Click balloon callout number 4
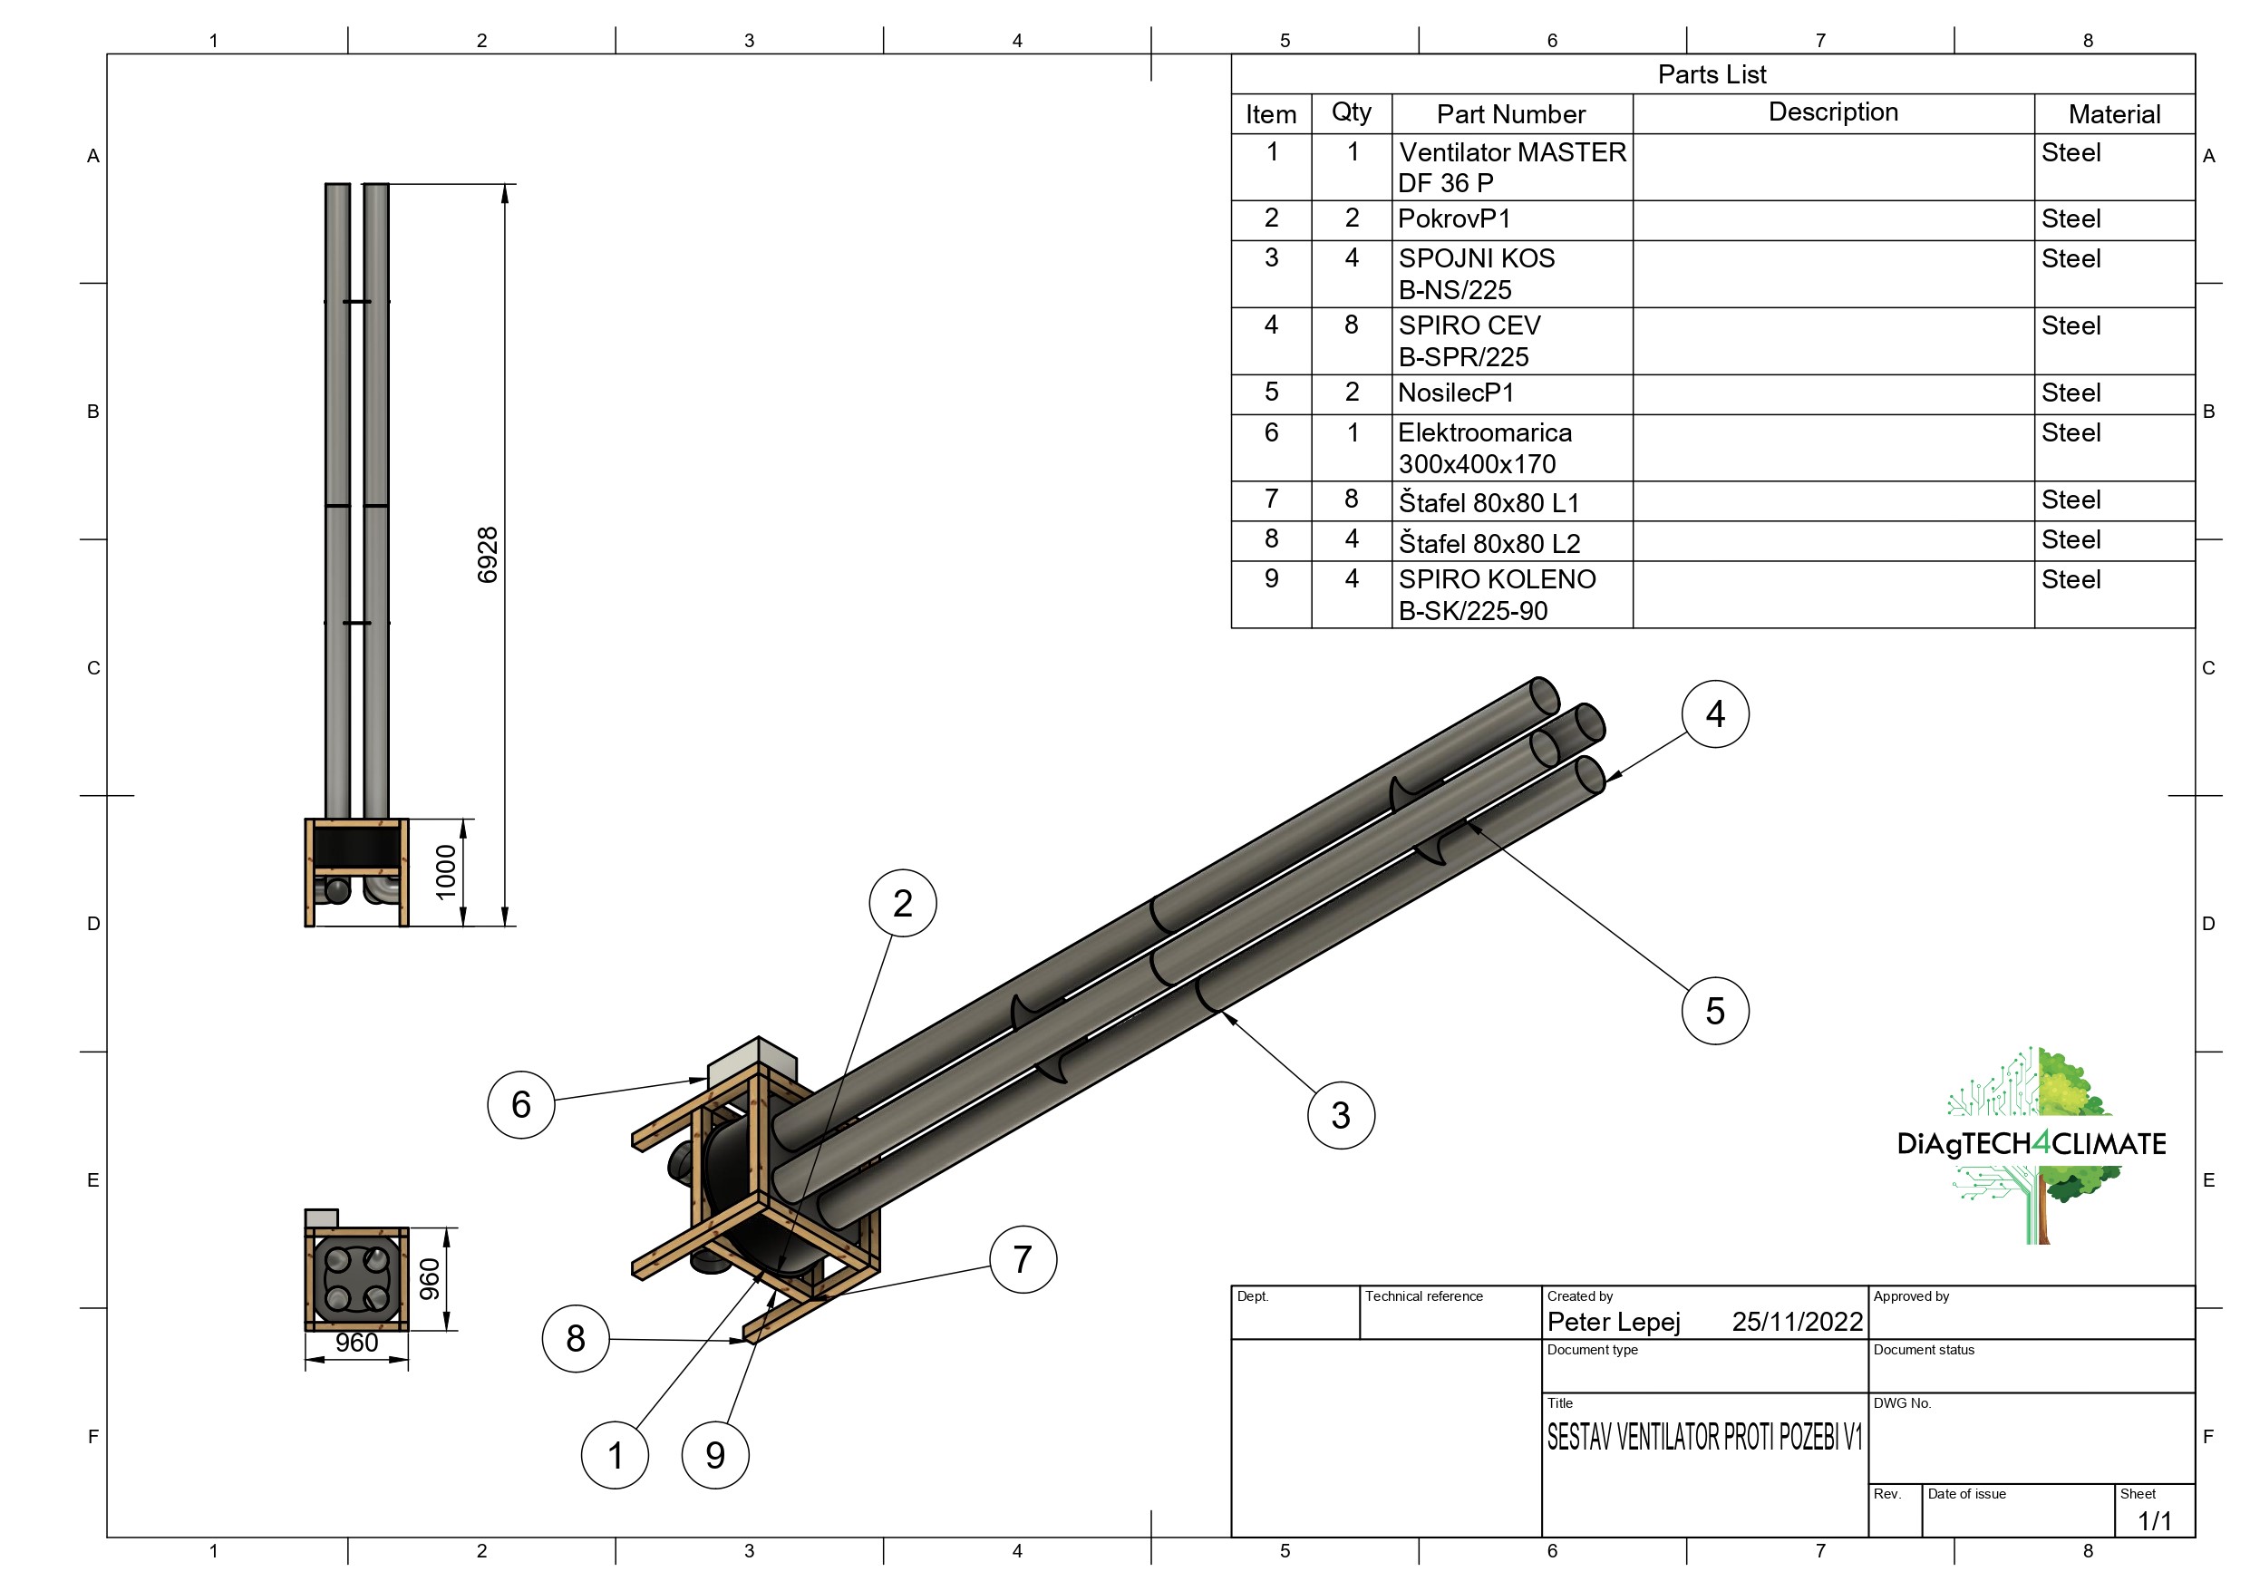pos(1715,713)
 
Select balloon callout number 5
pos(1715,1011)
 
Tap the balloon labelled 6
pos(521,1105)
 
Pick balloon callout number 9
pos(715,1455)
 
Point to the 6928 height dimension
pos(487,555)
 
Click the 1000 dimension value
pos(446,871)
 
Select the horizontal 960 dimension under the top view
pos(356,1343)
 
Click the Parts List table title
pos(1712,74)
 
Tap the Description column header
pos(1834,112)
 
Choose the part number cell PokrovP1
pos(1454,218)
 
